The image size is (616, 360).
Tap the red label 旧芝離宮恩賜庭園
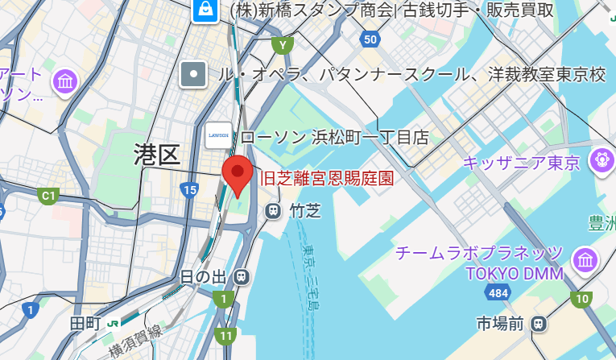(327, 178)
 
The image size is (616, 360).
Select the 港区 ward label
(157, 153)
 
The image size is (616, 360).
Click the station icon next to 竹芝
(273, 211)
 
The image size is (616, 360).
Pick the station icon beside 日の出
(240, 277)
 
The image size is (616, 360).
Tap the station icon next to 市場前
(538, 324)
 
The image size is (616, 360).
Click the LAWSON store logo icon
(218, 135)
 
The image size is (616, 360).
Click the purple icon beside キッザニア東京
(601, 159)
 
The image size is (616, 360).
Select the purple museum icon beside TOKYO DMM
(585, 260)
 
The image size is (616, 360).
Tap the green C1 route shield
(49, 195)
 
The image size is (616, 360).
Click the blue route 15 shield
(189, 190)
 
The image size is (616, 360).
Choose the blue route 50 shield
(370, 39)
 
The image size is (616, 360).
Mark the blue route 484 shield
(498, 292)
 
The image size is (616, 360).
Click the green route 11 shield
(226, 336)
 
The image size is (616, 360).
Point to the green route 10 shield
(581, 299)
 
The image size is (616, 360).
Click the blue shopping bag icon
(205, 10)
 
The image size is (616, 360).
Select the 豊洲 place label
(602, 221)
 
